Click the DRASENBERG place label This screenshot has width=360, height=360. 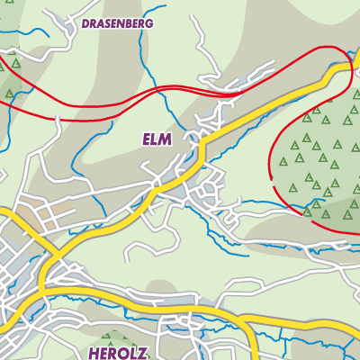coord(117,22)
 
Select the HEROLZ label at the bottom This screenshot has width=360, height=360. coord(118,352)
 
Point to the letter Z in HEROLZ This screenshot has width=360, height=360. coord(142,352)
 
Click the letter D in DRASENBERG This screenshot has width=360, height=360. coord(85,22)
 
